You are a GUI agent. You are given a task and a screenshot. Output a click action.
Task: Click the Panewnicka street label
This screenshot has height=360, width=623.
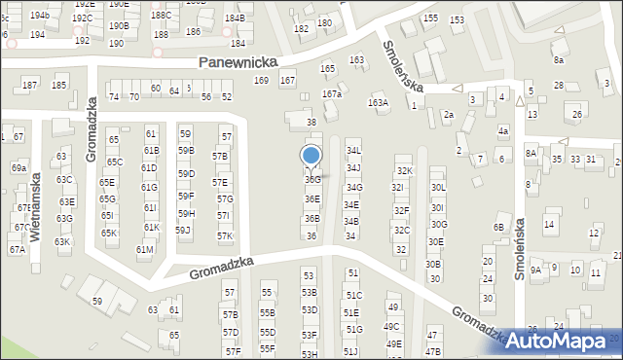[238, 61]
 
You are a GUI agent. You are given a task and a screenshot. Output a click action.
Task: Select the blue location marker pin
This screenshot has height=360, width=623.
[311, 157]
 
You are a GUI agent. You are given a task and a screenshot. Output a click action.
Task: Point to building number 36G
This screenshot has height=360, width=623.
[311, 180]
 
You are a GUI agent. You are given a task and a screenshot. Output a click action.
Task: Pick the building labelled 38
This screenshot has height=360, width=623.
[311, 123]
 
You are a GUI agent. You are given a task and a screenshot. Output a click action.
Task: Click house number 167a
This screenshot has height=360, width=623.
[333, 94]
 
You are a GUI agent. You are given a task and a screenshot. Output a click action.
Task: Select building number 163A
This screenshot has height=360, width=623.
[378, 102]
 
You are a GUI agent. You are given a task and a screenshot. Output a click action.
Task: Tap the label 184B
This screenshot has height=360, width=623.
[236, 18]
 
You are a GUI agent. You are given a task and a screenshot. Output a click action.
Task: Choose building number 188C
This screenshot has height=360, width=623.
[161, 16]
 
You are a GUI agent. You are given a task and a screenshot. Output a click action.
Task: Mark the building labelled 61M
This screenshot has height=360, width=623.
[144, 250]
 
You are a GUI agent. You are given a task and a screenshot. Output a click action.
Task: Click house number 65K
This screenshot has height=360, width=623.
[109, 234]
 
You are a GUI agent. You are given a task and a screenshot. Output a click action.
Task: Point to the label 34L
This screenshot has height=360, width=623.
[353, 151]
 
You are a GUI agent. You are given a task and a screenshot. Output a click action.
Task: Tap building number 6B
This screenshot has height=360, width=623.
[498, 228]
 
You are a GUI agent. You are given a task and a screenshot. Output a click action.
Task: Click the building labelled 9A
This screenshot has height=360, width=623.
[535, 270]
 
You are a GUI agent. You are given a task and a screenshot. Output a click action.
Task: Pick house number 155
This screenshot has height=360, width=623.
[430, 18]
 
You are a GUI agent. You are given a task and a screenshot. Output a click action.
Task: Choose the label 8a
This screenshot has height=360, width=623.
[559, 60]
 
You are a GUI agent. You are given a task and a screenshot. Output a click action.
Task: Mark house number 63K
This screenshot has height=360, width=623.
[62, 241]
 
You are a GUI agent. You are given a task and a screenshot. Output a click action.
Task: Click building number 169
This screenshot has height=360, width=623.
[261, 80]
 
